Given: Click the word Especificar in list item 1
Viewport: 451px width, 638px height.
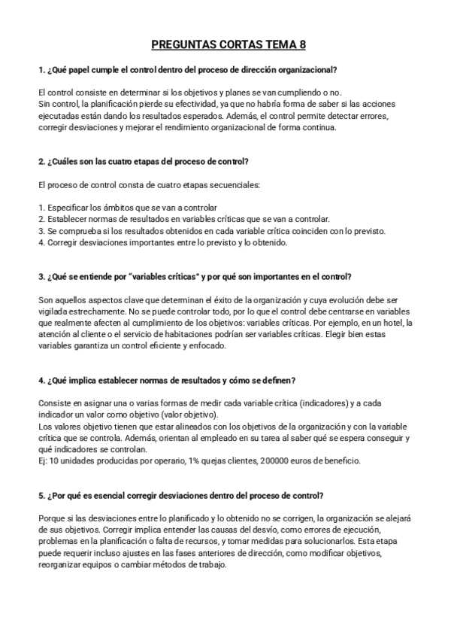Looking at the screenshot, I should tap(67, 208).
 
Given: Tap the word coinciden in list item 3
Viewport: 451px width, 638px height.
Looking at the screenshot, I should tap(306, 231).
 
